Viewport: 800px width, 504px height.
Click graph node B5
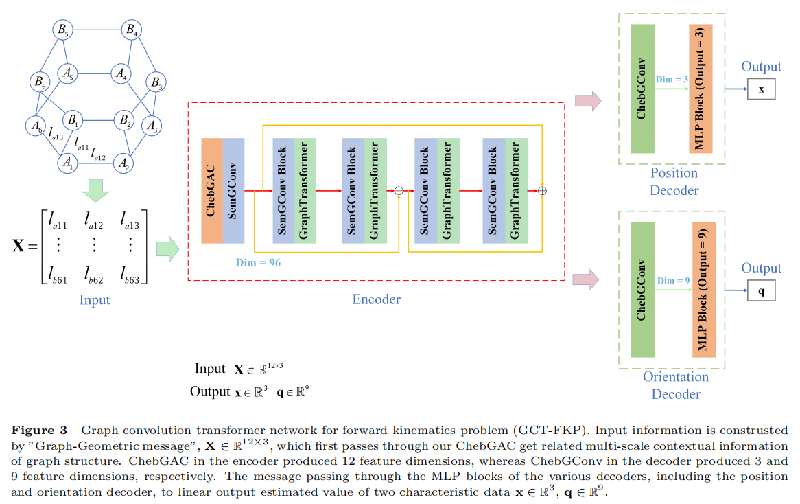pos(62,30)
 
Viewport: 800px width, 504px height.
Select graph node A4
pos(121,73)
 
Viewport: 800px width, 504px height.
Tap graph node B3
pos(156,84)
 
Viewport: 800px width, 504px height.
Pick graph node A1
pos(67,163)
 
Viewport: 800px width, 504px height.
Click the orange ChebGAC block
pos(212,190)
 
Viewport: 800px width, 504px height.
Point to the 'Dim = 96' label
pos(257,262)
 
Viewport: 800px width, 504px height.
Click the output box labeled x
pos(761,90)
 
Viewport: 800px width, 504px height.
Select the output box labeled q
pos(761,291)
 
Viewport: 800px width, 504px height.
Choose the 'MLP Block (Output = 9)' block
pos(703,289)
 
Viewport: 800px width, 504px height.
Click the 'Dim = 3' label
pos(672,80)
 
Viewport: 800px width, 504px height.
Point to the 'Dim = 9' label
pos(672,281)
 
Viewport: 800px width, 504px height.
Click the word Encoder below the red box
pos(376,299)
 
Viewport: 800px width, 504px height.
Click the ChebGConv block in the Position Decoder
pos(642,89)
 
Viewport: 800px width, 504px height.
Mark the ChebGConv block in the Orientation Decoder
pos(642,289)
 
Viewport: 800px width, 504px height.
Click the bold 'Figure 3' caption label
pos(39,431)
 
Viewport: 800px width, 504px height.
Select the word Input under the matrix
pos(95,300)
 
